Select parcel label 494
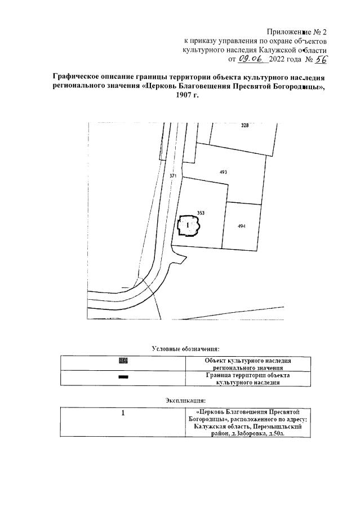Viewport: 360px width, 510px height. point(241,226)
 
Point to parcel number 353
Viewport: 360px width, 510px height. point(201,212)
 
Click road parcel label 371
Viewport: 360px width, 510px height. point(173,176)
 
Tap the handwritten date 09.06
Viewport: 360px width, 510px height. point(251,58)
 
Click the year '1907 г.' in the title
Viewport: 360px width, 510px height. point(188,95)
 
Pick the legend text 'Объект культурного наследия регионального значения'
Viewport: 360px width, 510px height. point(247,363)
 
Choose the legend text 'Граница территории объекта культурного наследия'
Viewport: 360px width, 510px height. point(247,379)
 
